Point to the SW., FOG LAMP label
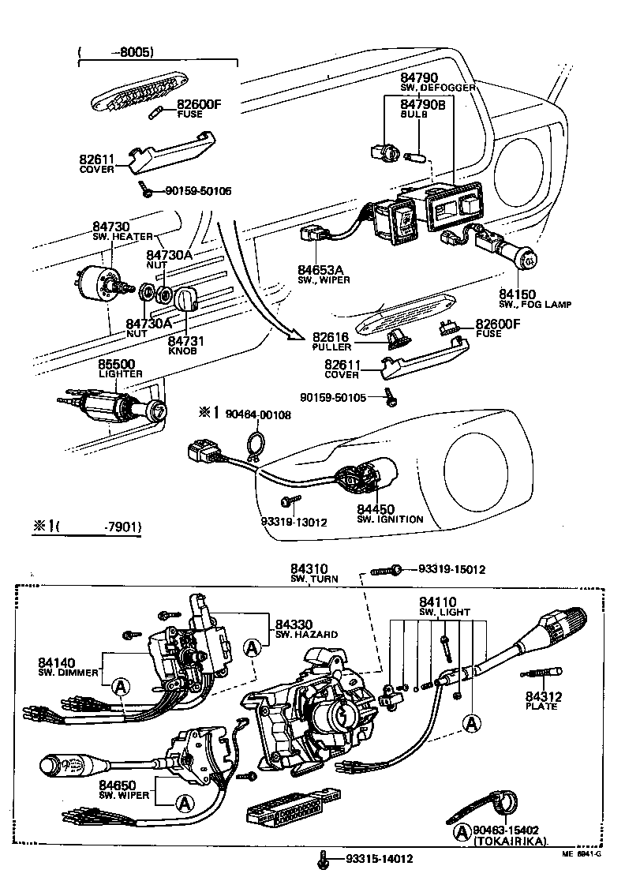pos(535,304)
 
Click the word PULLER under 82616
pos(331,347)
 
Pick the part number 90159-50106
pos(197,191)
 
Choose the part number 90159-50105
pos(332,397)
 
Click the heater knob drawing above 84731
pos(185,300)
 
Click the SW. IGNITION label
pos(390,519)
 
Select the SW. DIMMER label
pos(69,673)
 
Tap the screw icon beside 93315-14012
pos(323,857)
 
